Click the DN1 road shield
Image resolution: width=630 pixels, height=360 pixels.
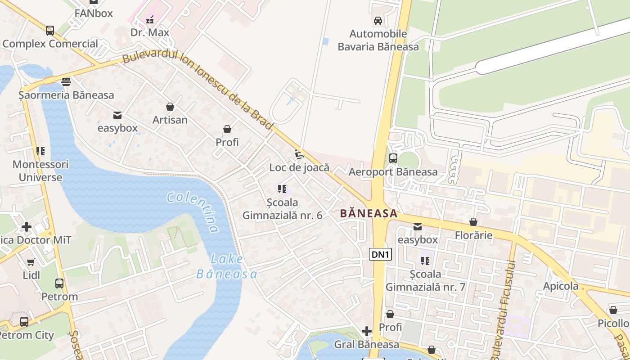coord(381,255)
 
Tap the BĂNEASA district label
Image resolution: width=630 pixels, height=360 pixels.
coord(369,213)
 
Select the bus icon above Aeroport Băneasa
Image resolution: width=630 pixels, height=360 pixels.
coord(393,158)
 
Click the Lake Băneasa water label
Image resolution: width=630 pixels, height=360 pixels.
coord(227,266)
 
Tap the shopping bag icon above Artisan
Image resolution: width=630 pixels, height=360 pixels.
coord(170,107)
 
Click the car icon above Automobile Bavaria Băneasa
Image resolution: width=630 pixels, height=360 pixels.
coord(378,21)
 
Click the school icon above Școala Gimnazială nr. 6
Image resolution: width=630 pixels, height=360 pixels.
coord(282,189)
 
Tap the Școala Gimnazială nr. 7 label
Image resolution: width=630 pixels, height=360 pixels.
coord(425,280)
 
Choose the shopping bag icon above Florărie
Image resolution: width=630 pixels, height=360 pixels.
coord(473,222)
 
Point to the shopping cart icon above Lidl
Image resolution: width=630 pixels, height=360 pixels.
coord(31,262)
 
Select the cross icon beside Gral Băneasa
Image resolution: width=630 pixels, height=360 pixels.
coord(367,332)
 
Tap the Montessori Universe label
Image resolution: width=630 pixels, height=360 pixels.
coord(40,171)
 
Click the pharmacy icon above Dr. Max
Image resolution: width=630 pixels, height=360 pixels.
coord(150,20)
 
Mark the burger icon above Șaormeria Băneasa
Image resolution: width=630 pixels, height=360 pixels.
coord(66,82)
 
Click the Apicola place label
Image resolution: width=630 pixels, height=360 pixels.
coord(561,286)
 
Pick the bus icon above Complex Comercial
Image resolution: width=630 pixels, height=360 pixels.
coord(50,31)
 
